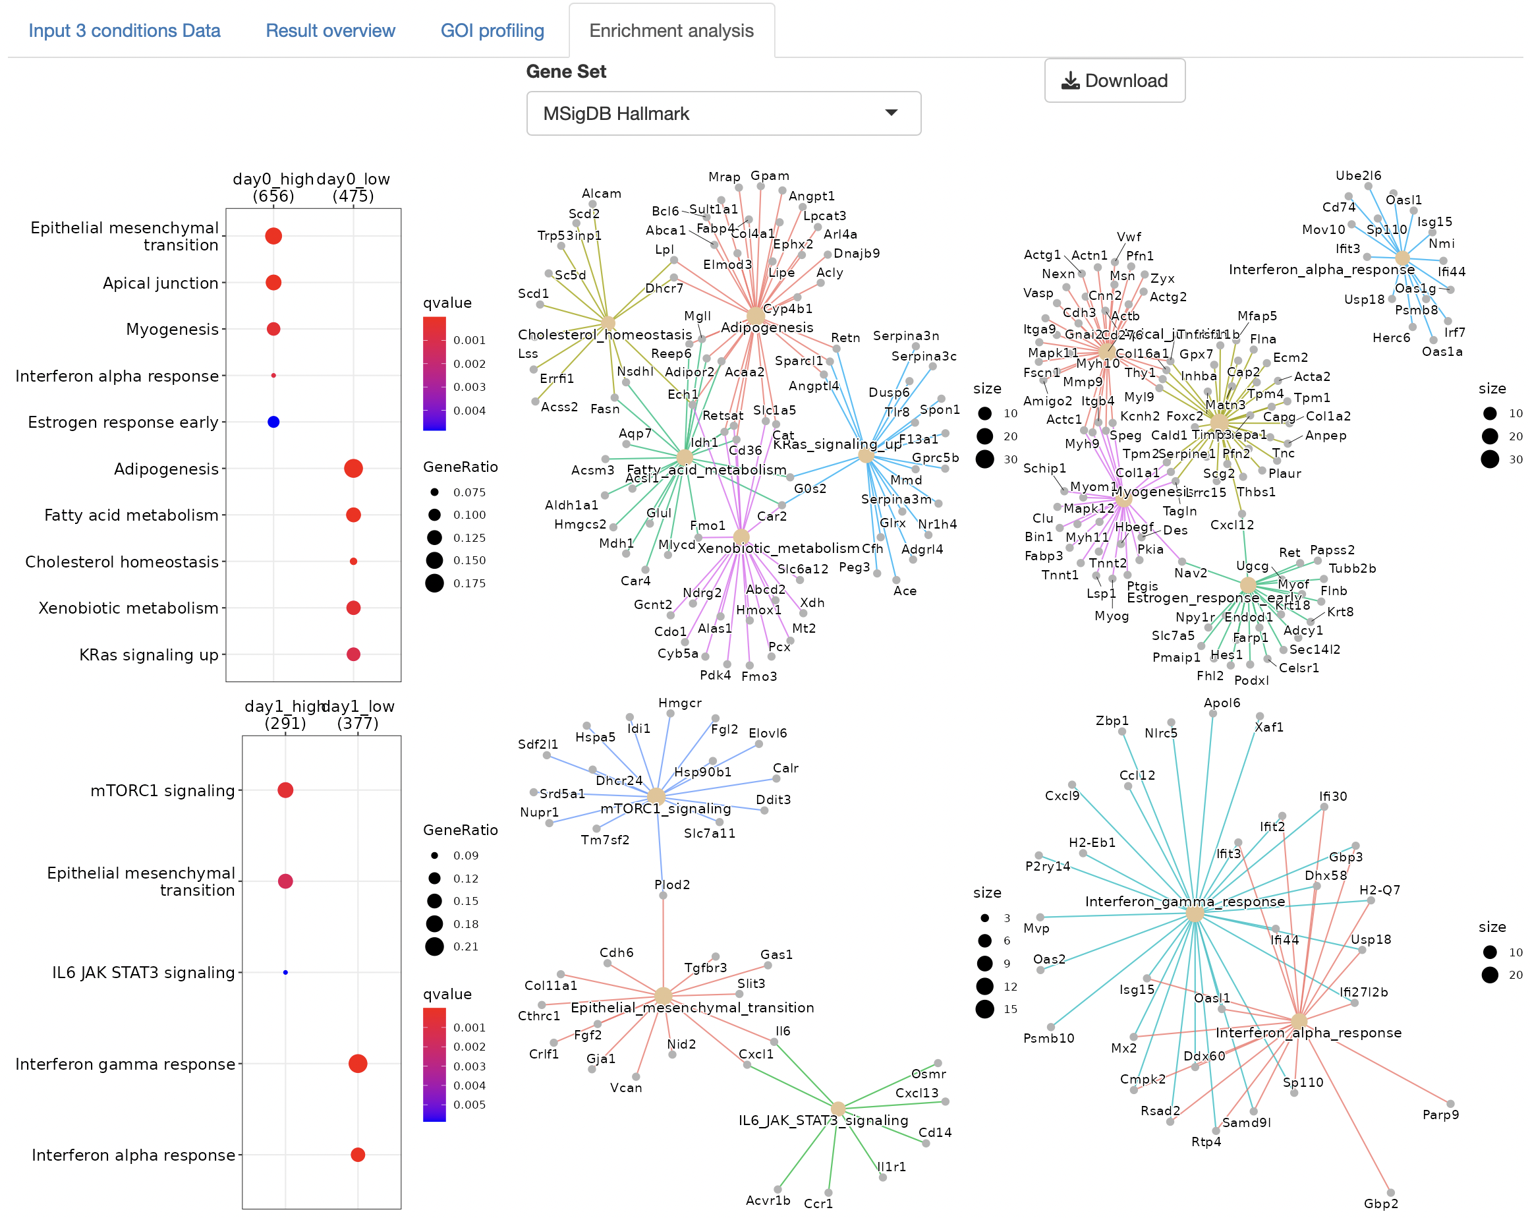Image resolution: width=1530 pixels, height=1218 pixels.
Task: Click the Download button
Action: [x=1114, y=81]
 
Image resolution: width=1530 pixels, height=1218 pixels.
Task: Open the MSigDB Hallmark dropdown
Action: [x=723, y=113]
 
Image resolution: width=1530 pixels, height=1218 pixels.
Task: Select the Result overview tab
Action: [x=330, y=30]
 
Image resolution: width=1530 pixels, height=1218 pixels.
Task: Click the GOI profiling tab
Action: [x=492, y=30]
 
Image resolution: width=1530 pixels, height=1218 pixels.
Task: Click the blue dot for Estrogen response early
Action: [x=273, y=422]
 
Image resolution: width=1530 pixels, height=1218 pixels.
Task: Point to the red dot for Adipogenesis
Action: [x=353, y=469]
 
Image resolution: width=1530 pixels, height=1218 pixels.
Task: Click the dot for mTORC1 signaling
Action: [x=285, y=790]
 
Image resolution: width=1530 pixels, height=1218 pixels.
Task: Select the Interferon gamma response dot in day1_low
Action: [x=358, y=1063]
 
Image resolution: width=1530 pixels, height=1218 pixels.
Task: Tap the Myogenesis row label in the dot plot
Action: [x=173, y=330]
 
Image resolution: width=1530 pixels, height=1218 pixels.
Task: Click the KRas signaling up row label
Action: [x=149, y=654]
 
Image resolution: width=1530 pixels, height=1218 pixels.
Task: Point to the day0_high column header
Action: [x=273, y=187]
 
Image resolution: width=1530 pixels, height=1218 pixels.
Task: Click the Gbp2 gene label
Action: [x=1380, y=1203]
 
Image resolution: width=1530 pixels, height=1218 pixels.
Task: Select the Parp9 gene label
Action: [x=1440, y=1115]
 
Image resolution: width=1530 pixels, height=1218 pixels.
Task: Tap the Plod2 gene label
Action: [x=671, y=884]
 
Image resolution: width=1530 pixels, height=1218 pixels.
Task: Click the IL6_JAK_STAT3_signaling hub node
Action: [x=838, y=1108]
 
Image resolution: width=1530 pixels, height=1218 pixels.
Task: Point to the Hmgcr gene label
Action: [x=679, y=703]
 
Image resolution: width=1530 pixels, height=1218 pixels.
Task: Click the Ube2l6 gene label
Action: [x=1357, y=175]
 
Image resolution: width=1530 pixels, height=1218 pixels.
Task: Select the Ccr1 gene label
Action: [x=818, y=1203]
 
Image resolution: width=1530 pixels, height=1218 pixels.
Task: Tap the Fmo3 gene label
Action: [x=758, y=676]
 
